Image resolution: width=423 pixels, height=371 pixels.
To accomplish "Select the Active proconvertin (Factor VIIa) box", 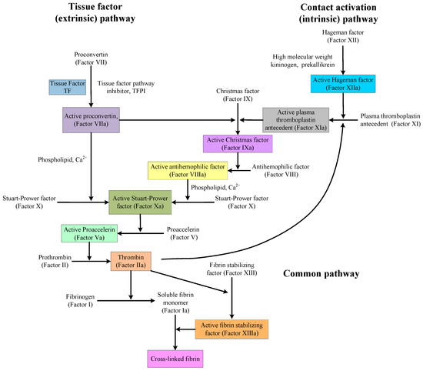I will pyautogui.click(x=92, y=119).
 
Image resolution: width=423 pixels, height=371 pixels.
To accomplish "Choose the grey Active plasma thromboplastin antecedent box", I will pyautogui.click(x=295, y=120).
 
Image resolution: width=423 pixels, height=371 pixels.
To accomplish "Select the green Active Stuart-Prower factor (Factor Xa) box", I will pyautogui.click(x=139, y=202).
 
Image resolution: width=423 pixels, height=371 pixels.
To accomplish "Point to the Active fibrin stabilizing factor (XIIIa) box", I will pyautogui.click(x=230, y=329).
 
